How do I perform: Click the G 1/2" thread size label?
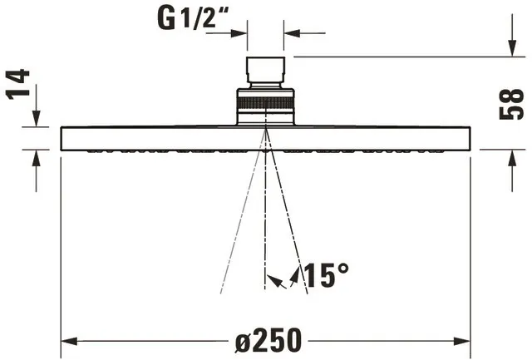tap(194, 18)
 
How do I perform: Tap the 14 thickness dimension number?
tap(17, 84)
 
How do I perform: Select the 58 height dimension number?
tap(512, 104)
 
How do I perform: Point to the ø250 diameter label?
tap(268, 340)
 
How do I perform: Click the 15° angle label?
tap(327, 274)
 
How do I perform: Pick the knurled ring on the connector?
tap(265, 102)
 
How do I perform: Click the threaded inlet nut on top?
tap(265, 70)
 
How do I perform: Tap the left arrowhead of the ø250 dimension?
tap(69, 341)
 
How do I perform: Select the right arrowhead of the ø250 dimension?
tap(462, 341)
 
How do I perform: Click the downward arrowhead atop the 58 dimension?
tap(512, 48)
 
